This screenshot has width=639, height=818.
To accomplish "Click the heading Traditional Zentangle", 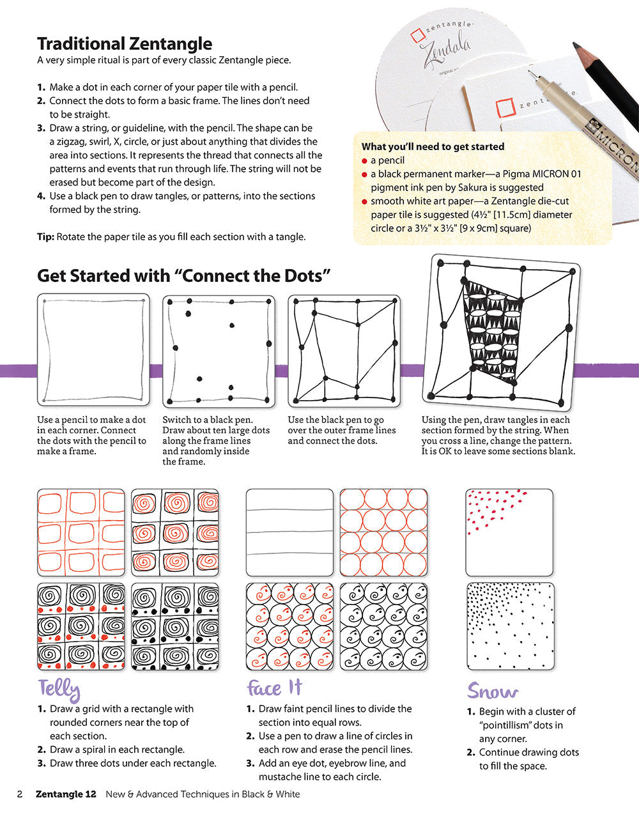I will click(124, 43).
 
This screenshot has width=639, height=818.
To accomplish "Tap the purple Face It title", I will click(274, 688).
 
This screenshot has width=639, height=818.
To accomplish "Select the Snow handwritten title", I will click(492, 691).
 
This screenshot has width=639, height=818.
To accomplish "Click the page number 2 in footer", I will click(20, 794).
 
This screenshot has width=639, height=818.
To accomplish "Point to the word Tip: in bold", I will click(45, 236).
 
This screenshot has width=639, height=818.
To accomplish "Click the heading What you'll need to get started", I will click(433, 146).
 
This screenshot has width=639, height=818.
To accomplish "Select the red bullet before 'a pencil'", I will click(364, 160).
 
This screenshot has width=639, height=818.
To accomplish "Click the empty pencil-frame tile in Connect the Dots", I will click(93, 350).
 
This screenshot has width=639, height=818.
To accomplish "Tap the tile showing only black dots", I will click(219, 351).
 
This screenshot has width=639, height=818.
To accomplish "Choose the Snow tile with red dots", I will click(509, 532).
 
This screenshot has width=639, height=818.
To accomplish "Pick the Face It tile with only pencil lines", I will click(289, 532).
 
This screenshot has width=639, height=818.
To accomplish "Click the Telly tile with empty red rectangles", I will click(81, 532).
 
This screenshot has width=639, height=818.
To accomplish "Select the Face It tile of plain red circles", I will click(383, 532).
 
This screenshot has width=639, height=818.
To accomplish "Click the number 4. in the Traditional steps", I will click(41, 196).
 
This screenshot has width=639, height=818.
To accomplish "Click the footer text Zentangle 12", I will click(66, 794).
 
